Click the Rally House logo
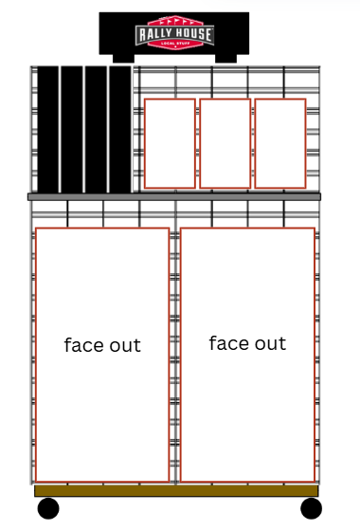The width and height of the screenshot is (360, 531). pyautogui.click(x=174, y=32)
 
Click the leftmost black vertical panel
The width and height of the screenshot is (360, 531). pyautogui.click(x=47, y=129)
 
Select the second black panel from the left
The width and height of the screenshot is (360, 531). pyautogui.click(x=72, y=129)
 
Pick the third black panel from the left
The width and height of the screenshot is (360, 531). pyautogui.click(x=96, y=129)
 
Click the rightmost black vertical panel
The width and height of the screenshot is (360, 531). pyautogui.click(x=119, y=129)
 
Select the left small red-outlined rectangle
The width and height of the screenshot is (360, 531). pyautogui.click(x=170, y=143)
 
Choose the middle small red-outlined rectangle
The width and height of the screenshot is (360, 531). pyautogui.click(x=225, y=143)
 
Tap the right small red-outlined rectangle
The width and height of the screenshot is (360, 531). pyautogui.click(x=280, y=143)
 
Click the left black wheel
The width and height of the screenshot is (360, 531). pyautogui.click(x=48, y=508)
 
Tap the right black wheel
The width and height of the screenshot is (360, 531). pyautogui.click(x=312, y=508)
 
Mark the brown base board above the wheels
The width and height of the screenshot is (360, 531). pyautogui.click(x=176, y=491)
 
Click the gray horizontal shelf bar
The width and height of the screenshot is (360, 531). pyautogui.click(x=174, y=197)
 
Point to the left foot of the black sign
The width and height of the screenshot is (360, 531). pyautogui.click(x=123, y=58)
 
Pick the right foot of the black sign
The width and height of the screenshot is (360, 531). pyautogui.click(x=226, y=58)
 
